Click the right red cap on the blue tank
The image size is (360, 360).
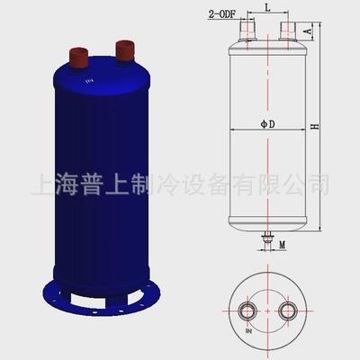pyautogui.click(x=121, y=48)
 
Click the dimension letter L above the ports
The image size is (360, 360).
pyautogui.click(x=269, y=8)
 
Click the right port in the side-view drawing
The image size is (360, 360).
pyautogui.click(x=289, y=32)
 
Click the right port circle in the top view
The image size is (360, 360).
pyautogui.click(x=288, y=311)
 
